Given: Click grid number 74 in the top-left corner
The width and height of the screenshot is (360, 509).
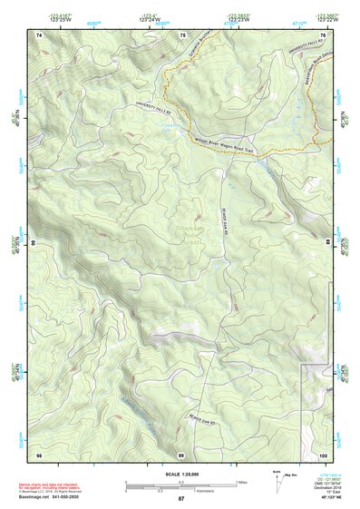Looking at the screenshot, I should [x=39, y=34].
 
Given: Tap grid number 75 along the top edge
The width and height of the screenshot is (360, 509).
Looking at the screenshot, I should [x=183, y=34].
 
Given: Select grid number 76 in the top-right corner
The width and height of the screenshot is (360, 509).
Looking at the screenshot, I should [x=323, y=34].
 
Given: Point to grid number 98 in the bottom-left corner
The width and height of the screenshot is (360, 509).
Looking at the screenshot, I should [x=39, y=454].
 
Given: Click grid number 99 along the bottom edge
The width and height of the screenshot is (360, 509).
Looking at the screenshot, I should [x=181, y=454].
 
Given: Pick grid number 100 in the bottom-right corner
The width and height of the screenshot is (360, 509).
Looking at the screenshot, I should [x=323, y=454].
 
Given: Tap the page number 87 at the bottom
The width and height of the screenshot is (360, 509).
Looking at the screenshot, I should [x=181, y=499].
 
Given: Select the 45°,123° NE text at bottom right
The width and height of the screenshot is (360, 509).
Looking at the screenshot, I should [x=326, y=499].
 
